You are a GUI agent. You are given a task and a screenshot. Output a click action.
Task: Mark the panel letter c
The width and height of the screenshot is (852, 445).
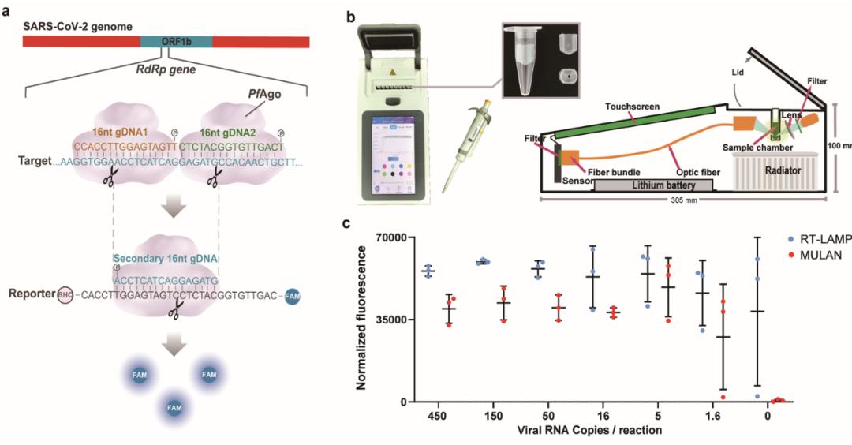pyautogui.click(x=346, y=223)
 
